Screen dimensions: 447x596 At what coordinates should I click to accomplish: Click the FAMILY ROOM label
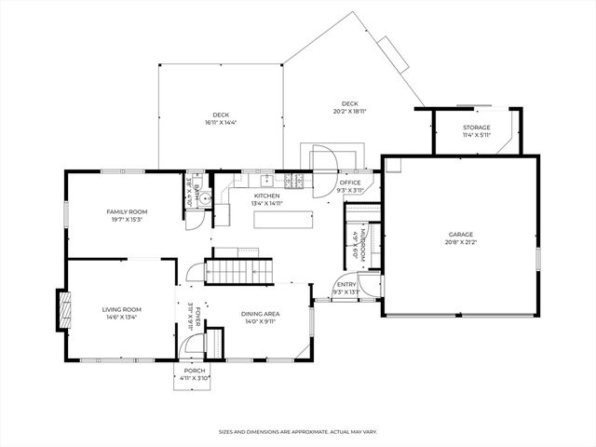pos(127,211)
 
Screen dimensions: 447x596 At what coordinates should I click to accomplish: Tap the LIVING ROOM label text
pos(121,309)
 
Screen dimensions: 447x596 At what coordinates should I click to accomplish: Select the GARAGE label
pos(460,235)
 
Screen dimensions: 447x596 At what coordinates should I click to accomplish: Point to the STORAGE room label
pos(477,128)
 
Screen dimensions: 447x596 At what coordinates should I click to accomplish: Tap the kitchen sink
pos(266,178)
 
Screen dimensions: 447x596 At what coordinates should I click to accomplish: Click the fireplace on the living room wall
pos(63,309)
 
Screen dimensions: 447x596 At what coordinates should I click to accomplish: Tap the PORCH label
pos(194,371)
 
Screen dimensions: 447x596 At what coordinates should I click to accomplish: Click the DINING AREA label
pos(260,314)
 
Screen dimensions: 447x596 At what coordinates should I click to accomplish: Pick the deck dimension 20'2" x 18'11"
pos(349,111)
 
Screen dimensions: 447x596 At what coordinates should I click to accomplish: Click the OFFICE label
pos(349,183)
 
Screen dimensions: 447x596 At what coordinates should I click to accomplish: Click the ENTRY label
pos(346,285)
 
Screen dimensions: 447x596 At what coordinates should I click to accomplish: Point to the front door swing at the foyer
pos(193,346)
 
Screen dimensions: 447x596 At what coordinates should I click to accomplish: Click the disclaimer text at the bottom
pos(297,432)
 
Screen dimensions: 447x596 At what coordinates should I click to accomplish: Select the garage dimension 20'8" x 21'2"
pos(460,242)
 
